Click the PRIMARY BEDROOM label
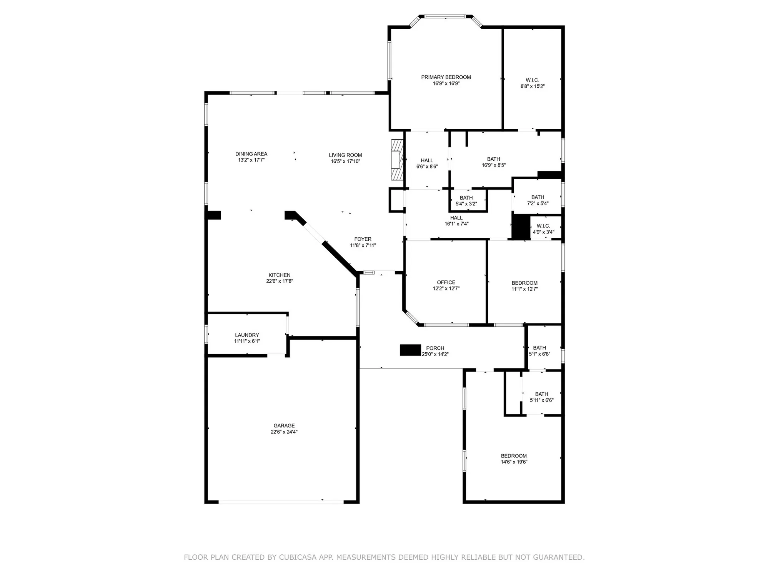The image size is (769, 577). [x=446, y=77]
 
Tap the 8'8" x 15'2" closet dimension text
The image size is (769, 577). [x=533, y=87]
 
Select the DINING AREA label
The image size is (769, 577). [x=251, y=154]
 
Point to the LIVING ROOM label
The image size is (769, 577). [x=345, y=155]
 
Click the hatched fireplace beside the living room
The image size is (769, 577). [x=397, y=159]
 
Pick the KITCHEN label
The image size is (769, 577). [x=280, y=275]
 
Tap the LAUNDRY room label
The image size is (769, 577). [x=247, y=335]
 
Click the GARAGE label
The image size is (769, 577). [x=284, y=425]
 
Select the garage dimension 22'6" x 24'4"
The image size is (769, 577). [x=284, y=432]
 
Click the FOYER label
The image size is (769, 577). [x=363, y=239]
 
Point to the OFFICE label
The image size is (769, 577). [x=446, y=282]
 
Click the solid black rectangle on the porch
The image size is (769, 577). [x=410, y=350]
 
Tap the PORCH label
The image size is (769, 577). [x=435, y=348]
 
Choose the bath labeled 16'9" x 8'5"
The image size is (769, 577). [x=494, y=162]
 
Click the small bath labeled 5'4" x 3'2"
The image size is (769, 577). [x=466, y=201]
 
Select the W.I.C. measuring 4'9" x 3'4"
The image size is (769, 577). [x=543, y=229]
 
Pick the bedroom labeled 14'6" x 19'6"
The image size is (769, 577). [x=514, y=459]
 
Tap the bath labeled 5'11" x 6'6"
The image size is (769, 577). [x=542, y=397]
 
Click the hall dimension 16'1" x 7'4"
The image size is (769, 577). [x=456, y=224]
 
